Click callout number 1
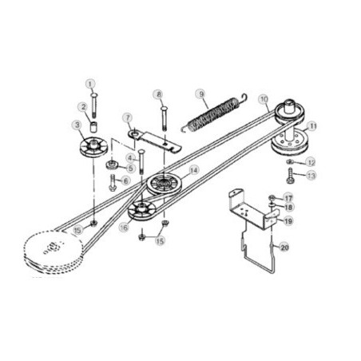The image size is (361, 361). tap(90, 82)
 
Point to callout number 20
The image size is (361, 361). tap(285, 247)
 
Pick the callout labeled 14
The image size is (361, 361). tap(193, 170)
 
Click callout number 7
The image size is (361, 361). tap(128, 117)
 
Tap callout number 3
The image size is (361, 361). tap(77, 125)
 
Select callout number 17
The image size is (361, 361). tap(288, 197)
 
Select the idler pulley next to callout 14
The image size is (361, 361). tap(165, 183)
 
